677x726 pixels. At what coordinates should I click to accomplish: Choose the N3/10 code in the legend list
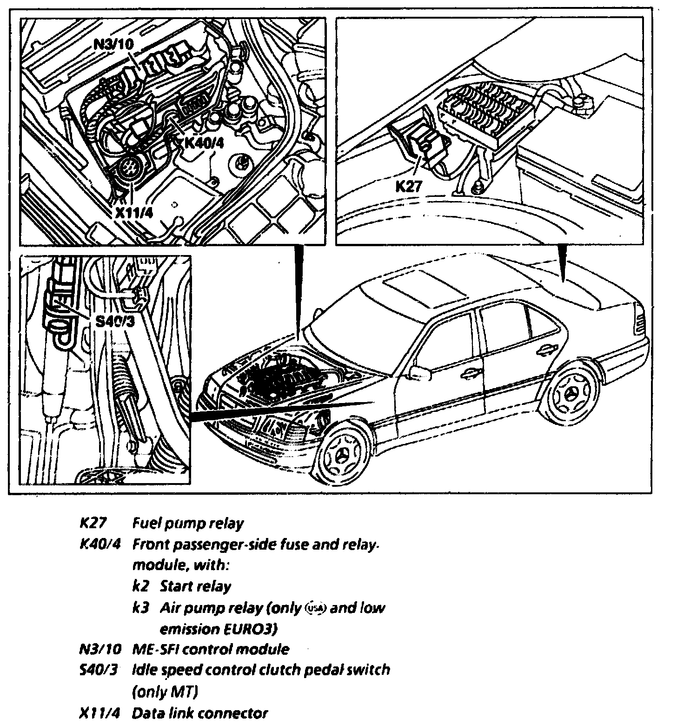click(100, 649)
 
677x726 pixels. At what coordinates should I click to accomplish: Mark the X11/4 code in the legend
click(100, 713)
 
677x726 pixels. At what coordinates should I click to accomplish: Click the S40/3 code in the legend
click(98, 670)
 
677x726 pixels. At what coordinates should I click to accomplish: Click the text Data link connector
click(200, 713)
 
